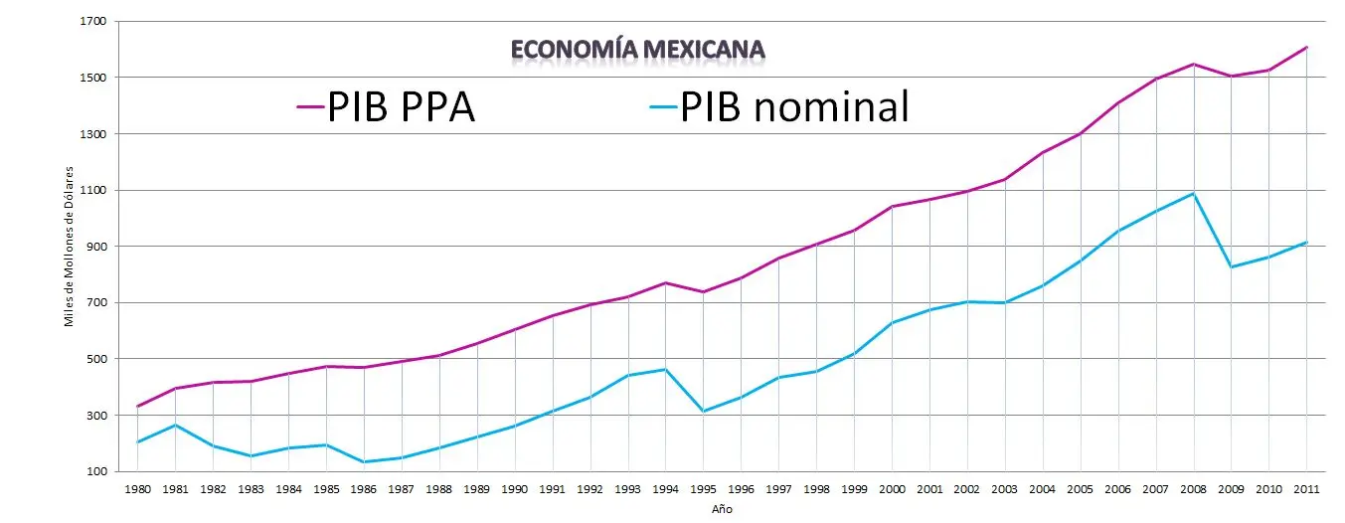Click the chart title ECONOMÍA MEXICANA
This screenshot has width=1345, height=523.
pos(637,49)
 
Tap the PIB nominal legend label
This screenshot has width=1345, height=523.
pos(793,106)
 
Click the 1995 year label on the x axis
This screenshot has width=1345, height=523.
pos(704,489)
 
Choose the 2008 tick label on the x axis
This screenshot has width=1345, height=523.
pos(1194,489)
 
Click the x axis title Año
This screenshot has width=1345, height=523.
pos(722,509)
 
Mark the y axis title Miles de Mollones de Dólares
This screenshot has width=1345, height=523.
pos(70,248)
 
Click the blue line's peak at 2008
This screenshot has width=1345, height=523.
pos(1194,193)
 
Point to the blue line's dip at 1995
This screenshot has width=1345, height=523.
pos(704,412)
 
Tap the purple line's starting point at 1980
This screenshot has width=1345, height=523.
pos(137,406)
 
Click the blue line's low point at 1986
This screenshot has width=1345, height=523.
pos(364,461)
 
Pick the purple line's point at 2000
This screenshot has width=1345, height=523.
pos(892,207)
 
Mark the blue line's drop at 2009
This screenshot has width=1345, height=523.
pos(1232,266)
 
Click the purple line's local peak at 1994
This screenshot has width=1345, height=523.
pos(666,282)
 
